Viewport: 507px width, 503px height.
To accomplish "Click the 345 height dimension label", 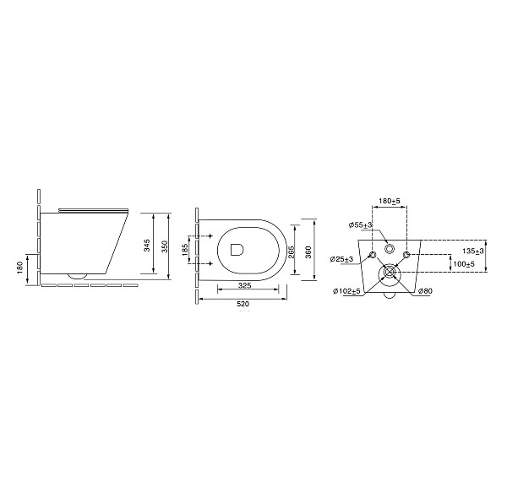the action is (x=147, y=246).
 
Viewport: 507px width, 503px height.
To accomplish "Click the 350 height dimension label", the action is (x=165, y=246).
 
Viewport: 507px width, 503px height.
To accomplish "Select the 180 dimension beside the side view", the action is (x=19, y=268).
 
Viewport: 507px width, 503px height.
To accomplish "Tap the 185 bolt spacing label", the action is (x=184, y=250).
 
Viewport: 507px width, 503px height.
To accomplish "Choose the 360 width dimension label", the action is (x=308, y=252).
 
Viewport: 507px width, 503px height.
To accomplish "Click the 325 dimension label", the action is (x=245, y=285).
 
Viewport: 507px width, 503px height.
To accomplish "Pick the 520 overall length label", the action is (x=243, y=304).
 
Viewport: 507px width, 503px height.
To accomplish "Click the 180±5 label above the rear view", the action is (x=390, y=201).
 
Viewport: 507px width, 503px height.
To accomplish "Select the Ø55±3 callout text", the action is (x=361, y=225).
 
